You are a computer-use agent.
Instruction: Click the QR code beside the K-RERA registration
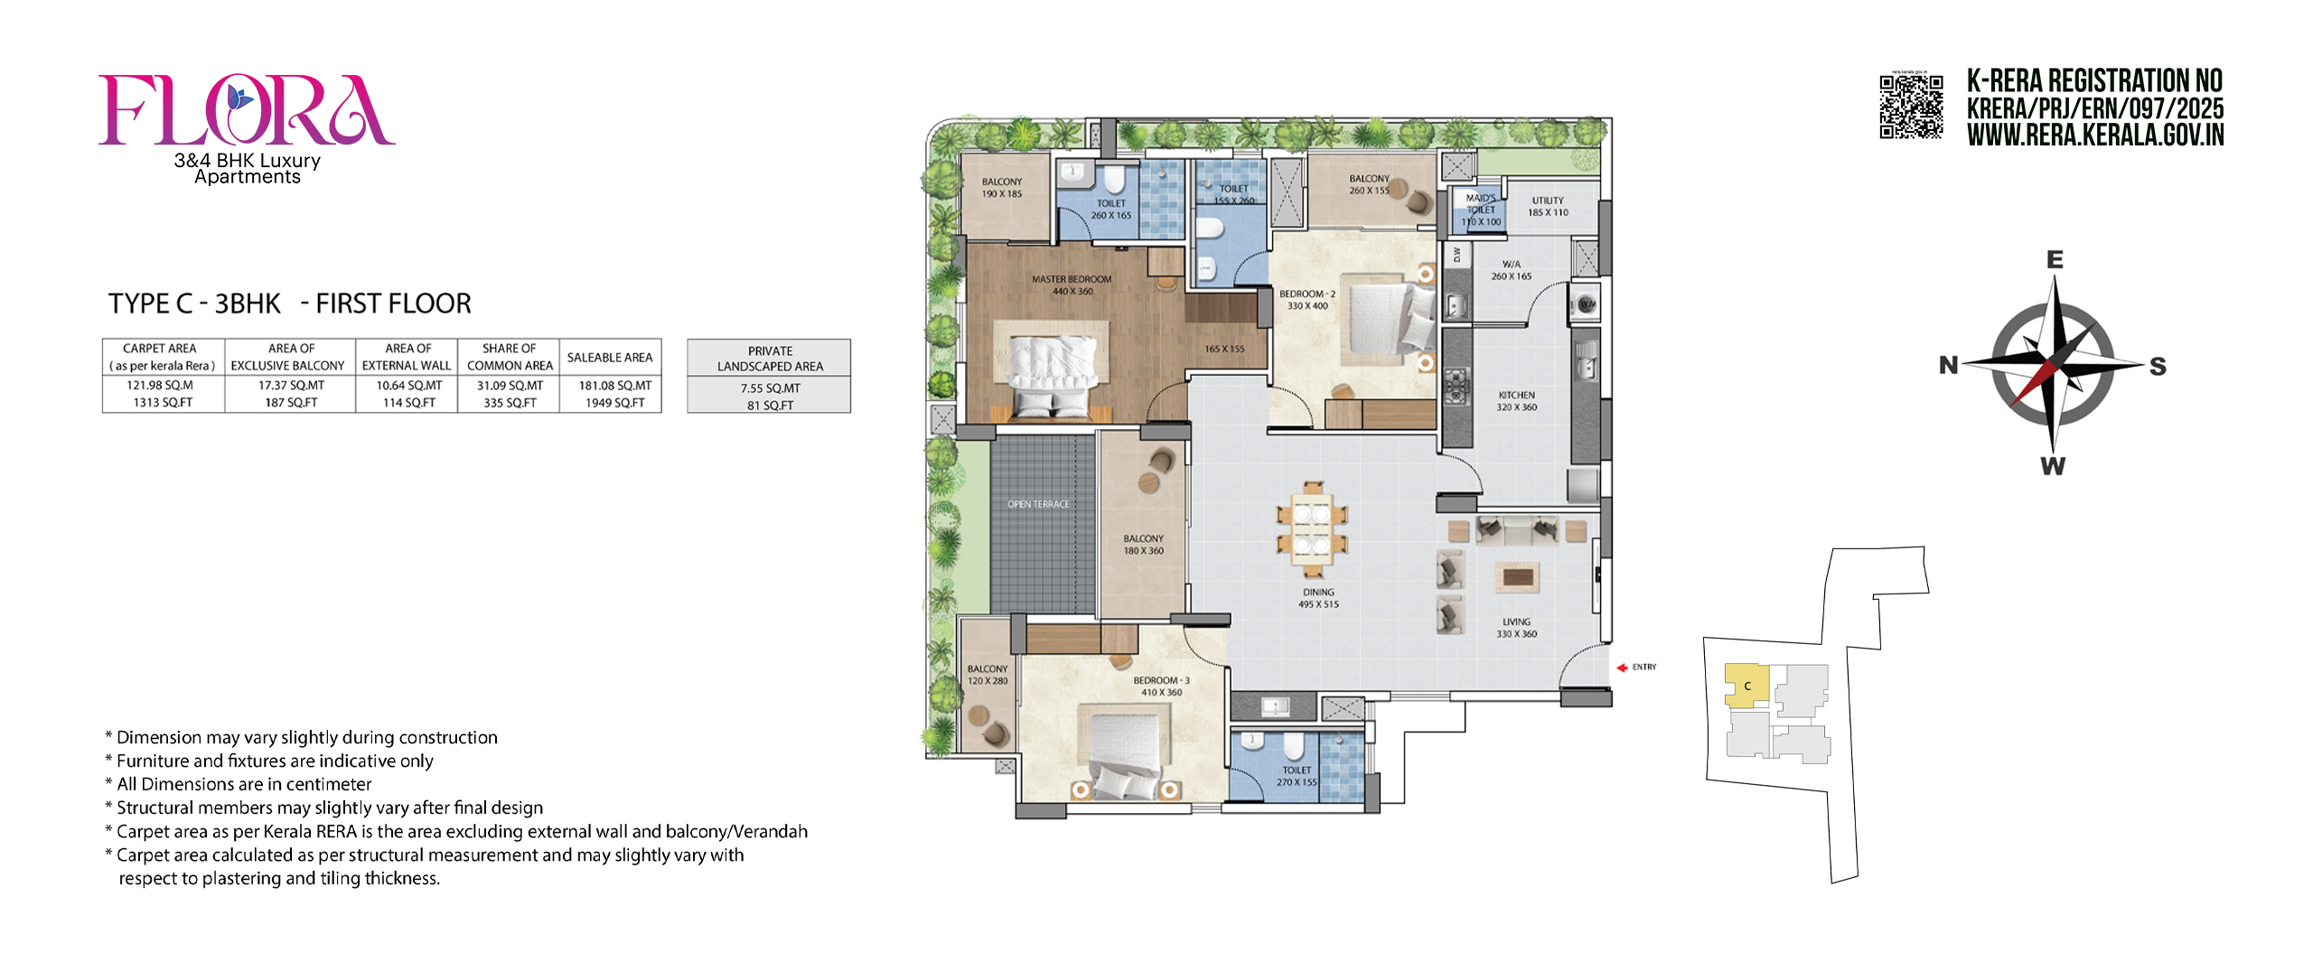tap(1911, 107)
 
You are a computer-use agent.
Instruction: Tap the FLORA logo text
tap(246, 110)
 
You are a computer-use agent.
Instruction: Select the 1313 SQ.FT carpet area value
tap(164, 403)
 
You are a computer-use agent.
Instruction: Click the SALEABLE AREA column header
tap(610, 358)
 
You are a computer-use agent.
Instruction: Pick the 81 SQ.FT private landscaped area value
tap(770, 405)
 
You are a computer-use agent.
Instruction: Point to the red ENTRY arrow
tap(1622, 668)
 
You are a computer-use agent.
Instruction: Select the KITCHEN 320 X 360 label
tap(1516, 401)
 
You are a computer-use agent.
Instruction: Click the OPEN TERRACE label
tap(1038, 504)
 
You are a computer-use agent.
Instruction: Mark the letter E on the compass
tap(2055, 260)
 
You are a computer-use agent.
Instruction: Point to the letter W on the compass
tap(2053, 466)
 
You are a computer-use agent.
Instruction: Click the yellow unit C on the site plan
tap(1746, 685)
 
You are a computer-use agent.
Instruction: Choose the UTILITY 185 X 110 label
tap(1548, 206)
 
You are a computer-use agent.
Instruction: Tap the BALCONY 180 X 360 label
tap(1143, 544)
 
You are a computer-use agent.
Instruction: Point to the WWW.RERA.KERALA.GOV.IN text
tap(2095, 135)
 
